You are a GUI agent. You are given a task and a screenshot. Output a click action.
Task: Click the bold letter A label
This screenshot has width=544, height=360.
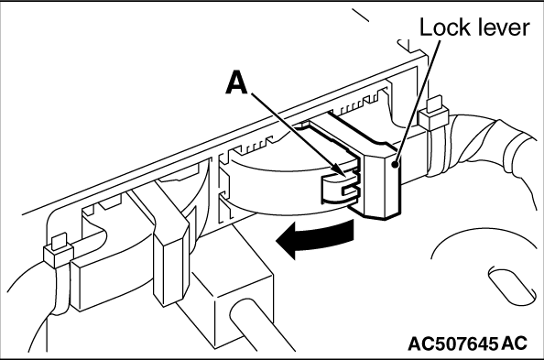point(237,82)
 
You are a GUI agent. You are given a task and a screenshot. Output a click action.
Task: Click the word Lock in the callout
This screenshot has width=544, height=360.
point(444,27)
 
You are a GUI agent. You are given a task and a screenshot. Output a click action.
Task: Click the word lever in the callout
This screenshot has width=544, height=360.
point(503,27)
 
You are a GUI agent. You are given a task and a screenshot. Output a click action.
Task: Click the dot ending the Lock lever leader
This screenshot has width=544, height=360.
point(394,164)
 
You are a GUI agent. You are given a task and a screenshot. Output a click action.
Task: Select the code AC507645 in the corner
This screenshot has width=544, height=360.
point(452,344)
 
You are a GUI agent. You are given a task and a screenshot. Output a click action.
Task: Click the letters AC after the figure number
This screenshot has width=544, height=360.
point(514,344)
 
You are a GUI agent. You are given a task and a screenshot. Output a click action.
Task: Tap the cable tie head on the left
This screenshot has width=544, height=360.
point(59,249)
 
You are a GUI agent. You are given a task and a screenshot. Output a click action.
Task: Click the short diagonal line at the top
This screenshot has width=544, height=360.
point(361,15)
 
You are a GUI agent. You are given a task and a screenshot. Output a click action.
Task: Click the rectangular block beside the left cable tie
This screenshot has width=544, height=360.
point(93,281)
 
